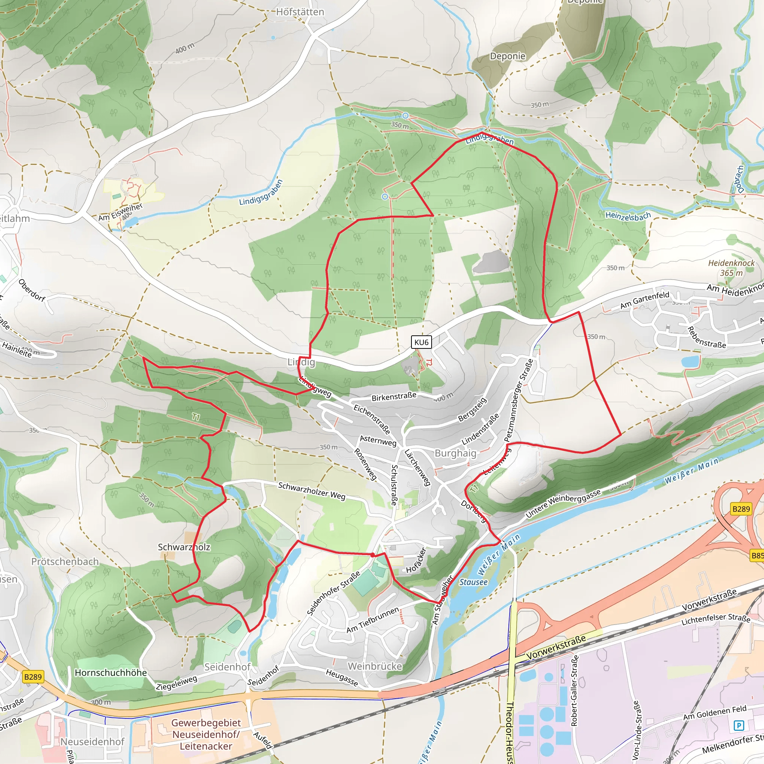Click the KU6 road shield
[421, 342]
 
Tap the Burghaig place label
[455, 453]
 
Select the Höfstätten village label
[300, 12]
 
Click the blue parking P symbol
[738, 725]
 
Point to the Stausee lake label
[473, 582]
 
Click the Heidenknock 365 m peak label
[731, 268]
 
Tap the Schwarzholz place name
[184, 547]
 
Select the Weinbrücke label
[375, 666]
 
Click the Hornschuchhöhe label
[111, 673]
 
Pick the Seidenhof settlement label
[228, 667]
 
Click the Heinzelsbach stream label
[628, 216]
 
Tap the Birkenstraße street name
[394, 397]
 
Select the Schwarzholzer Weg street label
[311, 491]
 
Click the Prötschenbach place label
[65, 561]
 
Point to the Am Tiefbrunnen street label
[373, 620]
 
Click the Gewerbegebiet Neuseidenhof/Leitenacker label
[206, 734]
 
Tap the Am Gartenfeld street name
[645, 300]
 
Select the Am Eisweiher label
[120, 212]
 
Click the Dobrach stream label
[738, 179]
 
